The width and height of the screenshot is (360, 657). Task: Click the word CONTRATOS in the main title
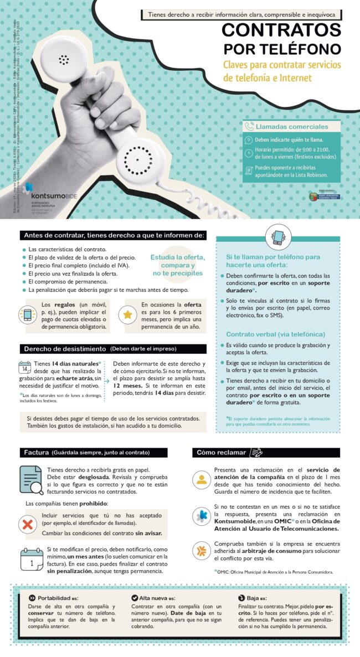coord(281,30)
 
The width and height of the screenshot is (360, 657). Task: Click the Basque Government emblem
coord(313,195)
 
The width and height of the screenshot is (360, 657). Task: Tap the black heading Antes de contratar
coord(113,236)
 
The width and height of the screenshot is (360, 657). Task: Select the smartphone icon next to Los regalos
coord(27,315)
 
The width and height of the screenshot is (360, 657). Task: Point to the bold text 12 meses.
coord(128,384)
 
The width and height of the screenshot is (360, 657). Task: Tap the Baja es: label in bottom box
coord(257,598)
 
